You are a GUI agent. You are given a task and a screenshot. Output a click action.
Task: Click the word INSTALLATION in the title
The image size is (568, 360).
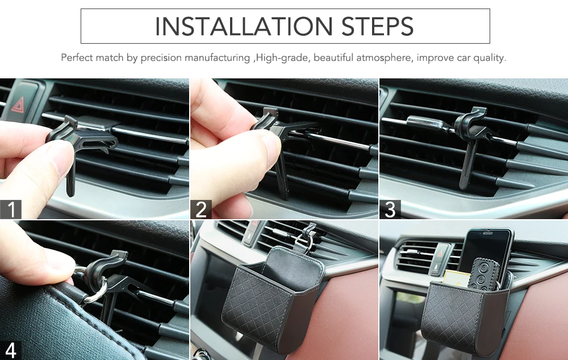[x=244, y=26]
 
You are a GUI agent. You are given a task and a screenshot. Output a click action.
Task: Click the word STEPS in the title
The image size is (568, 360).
[x=378, y=26]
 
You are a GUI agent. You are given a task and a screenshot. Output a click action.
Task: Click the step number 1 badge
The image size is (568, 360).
[x=10, y=209]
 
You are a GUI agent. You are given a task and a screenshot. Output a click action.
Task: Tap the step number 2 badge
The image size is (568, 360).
[x=201, y=209]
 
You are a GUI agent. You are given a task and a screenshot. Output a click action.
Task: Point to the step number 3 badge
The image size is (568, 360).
[x=390, y=209]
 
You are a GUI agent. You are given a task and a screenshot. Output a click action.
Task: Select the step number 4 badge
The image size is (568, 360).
[x=10, y=350]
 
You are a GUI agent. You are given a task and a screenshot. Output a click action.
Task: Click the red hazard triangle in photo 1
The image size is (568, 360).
[x=18, y=104]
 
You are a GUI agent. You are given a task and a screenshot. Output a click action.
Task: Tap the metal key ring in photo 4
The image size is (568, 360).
[x=95, y=290]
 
